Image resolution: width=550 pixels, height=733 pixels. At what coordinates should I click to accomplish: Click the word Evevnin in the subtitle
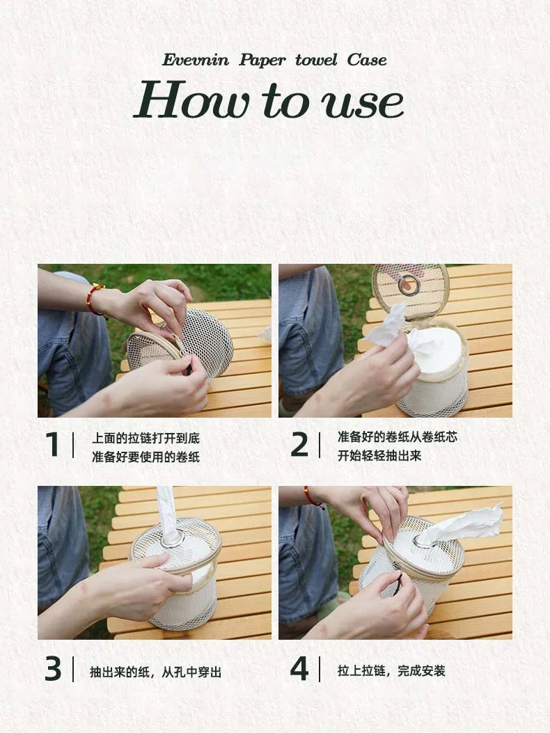point(196,61)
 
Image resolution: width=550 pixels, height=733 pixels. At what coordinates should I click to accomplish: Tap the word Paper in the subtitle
point(262,61)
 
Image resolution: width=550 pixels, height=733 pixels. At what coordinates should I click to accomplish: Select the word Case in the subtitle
point(367,61)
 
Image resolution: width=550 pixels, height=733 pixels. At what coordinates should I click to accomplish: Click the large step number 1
point(52,444)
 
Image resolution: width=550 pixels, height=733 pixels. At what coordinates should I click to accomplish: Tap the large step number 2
point(299,445)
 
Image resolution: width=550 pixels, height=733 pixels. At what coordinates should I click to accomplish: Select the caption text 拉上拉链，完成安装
point(391,671)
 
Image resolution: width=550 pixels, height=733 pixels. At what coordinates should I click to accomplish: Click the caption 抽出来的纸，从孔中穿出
point(156,672)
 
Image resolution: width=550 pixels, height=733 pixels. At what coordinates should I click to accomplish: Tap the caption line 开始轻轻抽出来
point(379,455)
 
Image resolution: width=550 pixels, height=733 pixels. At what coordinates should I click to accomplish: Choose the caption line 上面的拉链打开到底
point(146,438)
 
